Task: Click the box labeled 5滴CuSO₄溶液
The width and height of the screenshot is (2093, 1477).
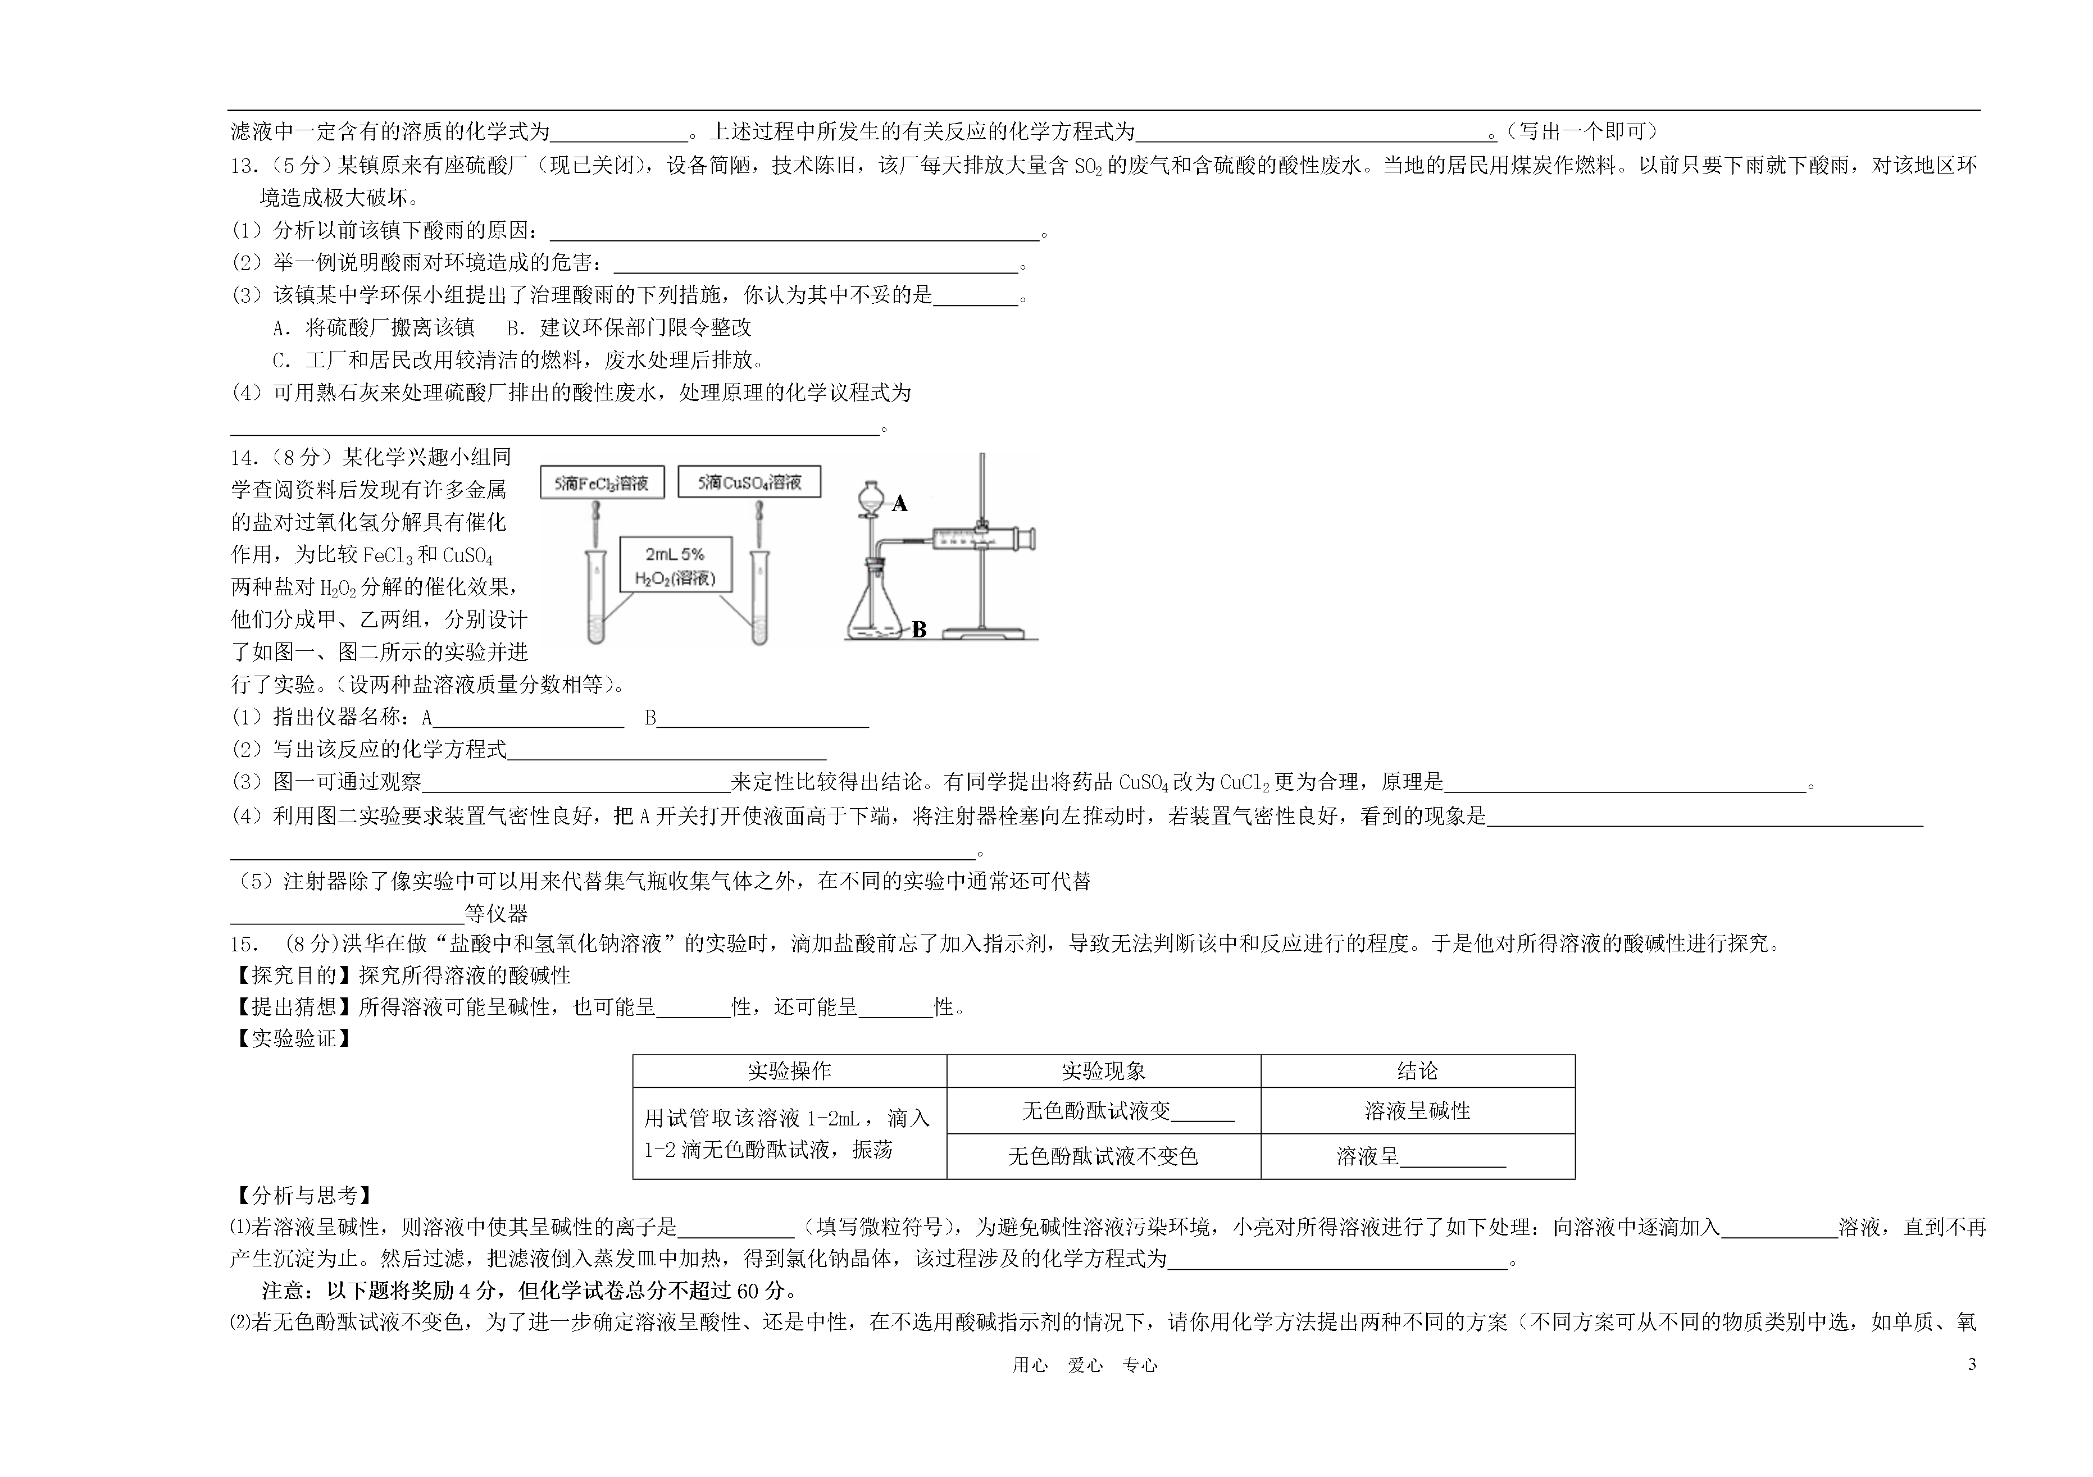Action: [749, 481]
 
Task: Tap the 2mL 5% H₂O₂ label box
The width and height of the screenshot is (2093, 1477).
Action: [676, 565]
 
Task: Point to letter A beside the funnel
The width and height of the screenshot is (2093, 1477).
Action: [900, 504]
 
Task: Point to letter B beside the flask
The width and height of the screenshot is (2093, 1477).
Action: [919, 630]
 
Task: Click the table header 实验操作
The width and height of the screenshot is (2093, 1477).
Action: [789, 1072]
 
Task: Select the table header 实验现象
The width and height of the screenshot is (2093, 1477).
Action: [1103, 1072]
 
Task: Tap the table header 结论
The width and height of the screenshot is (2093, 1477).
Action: [1417, 1072]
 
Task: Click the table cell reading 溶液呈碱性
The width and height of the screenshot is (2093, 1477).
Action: [1417, 1111]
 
